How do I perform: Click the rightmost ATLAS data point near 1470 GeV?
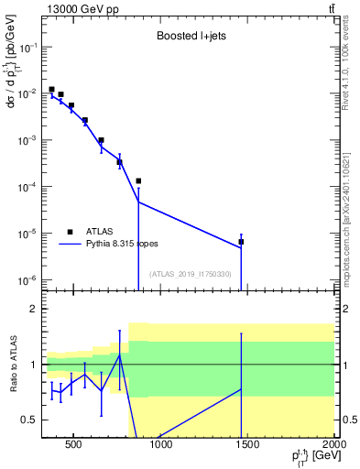point(241,242)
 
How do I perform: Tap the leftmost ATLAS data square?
point(51,90)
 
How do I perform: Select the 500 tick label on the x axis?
point(73,446)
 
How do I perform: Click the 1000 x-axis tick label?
point(160,446)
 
